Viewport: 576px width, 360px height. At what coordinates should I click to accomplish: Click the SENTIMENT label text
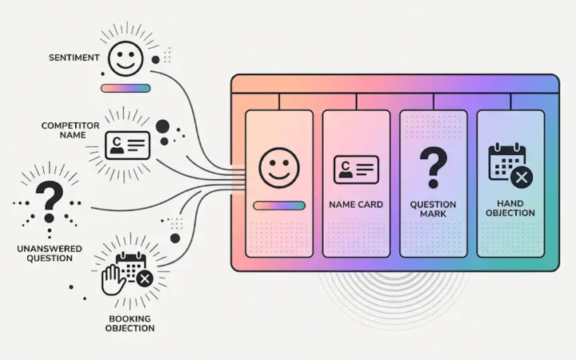(x=74, y=58)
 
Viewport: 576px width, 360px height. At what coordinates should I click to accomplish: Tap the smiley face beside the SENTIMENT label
(x=126, y=58)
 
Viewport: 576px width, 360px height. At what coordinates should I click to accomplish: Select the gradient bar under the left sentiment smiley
(x=126, y=88)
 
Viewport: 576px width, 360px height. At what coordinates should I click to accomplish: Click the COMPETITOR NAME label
(x=70, y=130)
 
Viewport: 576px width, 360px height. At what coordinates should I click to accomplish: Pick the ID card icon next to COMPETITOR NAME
(x=127, y=145)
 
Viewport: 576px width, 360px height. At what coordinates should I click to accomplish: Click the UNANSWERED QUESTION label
(x=50, y=254)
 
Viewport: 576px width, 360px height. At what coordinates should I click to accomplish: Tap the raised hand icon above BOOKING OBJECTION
(x=113, y=279)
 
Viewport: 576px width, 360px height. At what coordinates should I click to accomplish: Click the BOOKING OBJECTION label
(x=130, y=323)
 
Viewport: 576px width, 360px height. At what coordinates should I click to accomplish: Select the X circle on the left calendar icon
(x=145, y=279)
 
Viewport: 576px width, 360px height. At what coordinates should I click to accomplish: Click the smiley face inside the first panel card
(x=279, y=167)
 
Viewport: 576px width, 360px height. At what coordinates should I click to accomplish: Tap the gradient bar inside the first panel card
(x=279, y=206)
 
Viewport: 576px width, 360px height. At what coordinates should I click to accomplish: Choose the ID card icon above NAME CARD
(x=356, y=170)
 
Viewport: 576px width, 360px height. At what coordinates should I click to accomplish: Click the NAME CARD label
(x=356, y=205)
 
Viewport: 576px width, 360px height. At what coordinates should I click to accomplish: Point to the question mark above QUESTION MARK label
(x=434, y=167)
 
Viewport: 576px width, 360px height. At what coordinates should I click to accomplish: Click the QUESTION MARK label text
(x=434, y=209)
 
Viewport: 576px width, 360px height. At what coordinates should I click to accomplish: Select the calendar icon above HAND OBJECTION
(x=510, y=166)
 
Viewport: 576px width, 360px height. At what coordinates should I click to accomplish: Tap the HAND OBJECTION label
(x=510, y=208)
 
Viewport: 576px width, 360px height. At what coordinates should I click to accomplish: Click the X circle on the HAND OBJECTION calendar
(x=522, y=178)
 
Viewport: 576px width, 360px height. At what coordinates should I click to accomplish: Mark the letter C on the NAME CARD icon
(x=345, y=166)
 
